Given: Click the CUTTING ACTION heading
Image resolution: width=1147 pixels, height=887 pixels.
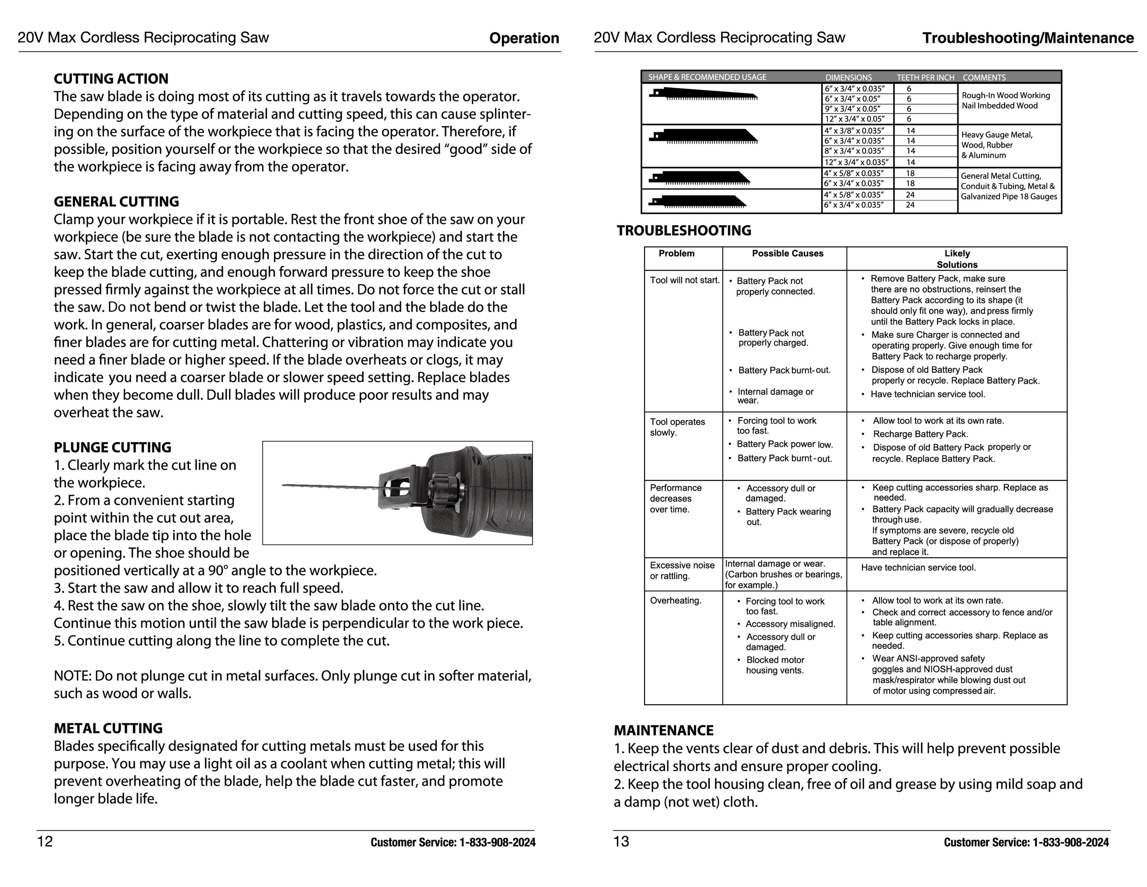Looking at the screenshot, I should pos(111,79).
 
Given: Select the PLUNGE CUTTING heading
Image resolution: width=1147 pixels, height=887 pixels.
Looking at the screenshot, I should pos(112,447).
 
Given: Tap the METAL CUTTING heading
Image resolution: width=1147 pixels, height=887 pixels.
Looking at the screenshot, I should pos(108,728).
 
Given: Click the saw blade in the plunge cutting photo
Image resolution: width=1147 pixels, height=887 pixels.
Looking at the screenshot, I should pos(331,486).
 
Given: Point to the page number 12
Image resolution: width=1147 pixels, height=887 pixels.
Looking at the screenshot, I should pos(45,841).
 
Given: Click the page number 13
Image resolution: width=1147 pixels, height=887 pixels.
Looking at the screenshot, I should pos(621,841).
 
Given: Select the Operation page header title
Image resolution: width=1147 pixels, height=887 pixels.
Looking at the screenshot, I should pos(524,38).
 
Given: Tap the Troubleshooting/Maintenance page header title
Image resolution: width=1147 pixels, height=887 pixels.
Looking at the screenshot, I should pos(1028,38).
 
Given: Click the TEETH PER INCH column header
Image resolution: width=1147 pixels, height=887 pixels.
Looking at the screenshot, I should pos(925,77).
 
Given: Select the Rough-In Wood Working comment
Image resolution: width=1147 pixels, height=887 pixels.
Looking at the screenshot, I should pos(1005,95).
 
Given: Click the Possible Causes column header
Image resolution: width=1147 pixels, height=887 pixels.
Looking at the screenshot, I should pos(787,253).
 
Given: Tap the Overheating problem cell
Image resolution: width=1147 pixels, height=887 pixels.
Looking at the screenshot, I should pos(676,600).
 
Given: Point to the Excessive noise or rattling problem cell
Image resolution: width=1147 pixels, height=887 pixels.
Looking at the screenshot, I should pos(682,570).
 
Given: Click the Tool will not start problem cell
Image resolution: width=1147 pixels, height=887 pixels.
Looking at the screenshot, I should pos(684,280).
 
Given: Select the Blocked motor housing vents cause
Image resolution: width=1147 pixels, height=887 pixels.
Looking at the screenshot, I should pos(775,665).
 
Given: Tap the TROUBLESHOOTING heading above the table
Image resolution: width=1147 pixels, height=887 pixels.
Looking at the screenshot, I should pos(684,231).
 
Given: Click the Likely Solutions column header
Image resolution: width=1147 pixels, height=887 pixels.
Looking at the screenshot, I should pos(957,259).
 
